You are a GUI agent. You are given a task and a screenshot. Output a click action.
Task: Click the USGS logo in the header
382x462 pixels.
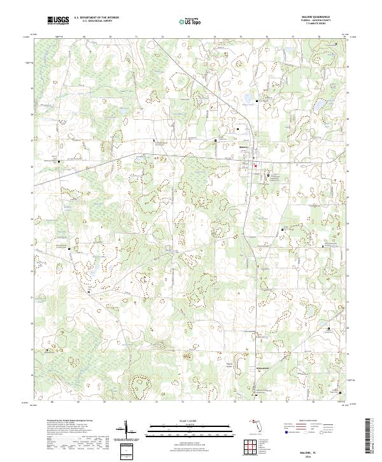[58, 21]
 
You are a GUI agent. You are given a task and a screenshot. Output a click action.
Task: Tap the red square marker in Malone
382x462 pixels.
[256, 168]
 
